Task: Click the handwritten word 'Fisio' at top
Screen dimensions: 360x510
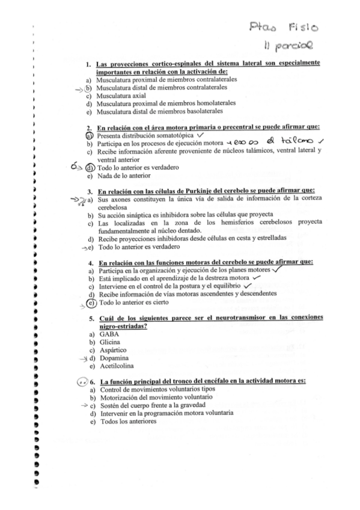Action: point(307,27)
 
